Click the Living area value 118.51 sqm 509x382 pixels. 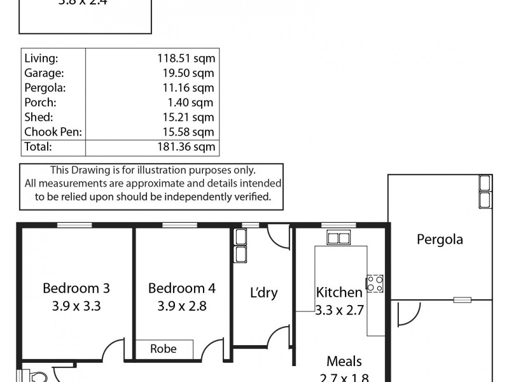coord(186,58)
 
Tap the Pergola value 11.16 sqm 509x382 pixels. coord(189,88)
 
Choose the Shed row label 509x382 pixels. coord(38,117)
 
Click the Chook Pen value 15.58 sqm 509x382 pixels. coord(189,132)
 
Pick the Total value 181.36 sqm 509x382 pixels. coord(186,146)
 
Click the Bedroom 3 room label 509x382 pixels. coord(76,288)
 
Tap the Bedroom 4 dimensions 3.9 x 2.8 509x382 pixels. coord(181,306)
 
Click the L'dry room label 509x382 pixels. coord(263,293)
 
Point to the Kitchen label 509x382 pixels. coord(339,293)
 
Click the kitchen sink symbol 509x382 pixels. coord(338,238)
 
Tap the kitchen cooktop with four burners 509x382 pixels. coord(374,283)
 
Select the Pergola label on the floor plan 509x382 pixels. coord(440,240)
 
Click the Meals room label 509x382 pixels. coord(344,362)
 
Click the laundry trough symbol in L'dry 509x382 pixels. coord(241,246)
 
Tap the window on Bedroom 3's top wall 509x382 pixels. coord(74,224)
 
